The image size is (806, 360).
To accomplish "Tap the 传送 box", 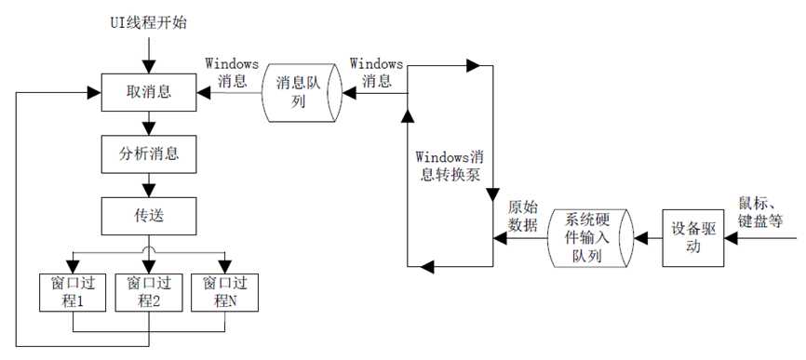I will [x=148, y=217].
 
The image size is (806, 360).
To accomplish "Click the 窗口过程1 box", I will [x=72, y=290].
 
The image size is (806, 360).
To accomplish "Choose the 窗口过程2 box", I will [x=148, y=290].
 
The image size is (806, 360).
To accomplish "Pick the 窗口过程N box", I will [x=224, y=290].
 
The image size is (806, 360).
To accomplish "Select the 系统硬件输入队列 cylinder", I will [x=588, y=238].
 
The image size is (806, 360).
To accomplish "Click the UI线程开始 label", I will [x=150, y=20].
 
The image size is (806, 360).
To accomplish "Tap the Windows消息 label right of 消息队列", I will [x=376, y=73].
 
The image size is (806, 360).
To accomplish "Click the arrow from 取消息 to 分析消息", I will [x=148, y=124].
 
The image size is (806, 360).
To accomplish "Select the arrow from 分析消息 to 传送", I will [x=148, y=186].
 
